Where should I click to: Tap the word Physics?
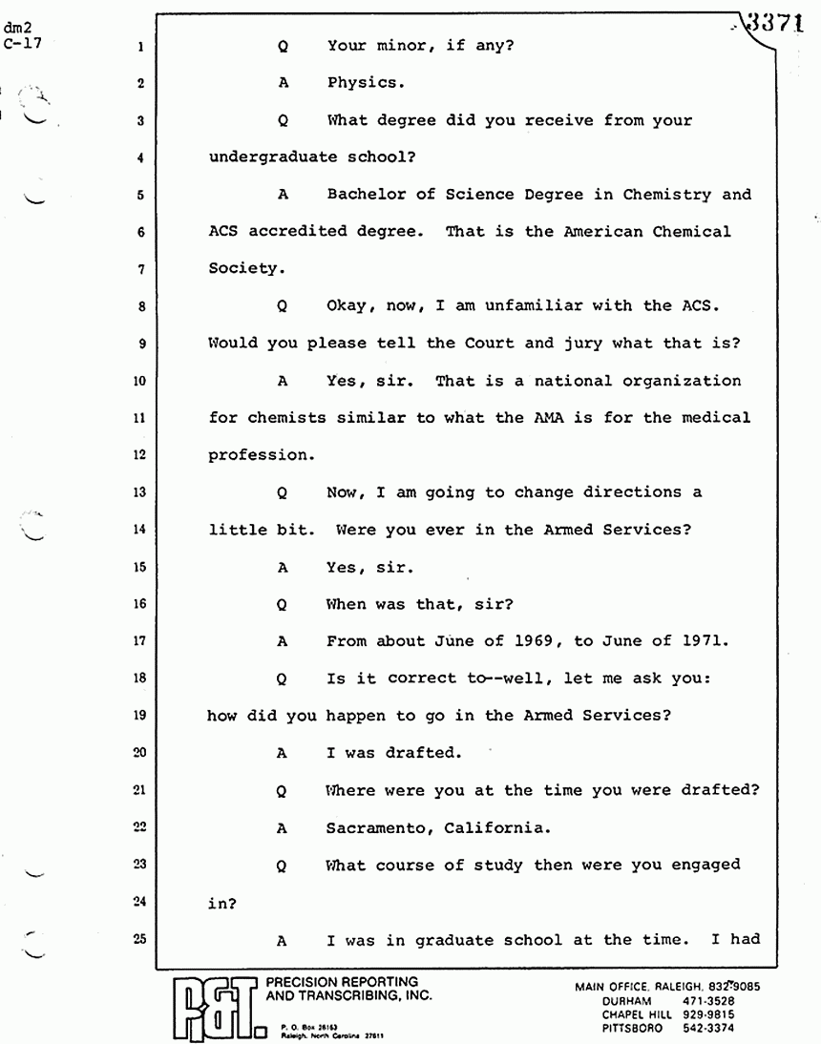tap(366, 82)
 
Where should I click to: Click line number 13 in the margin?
tap(139, 493)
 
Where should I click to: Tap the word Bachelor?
tap(366, 195)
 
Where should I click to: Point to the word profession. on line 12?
tap(262, 455)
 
